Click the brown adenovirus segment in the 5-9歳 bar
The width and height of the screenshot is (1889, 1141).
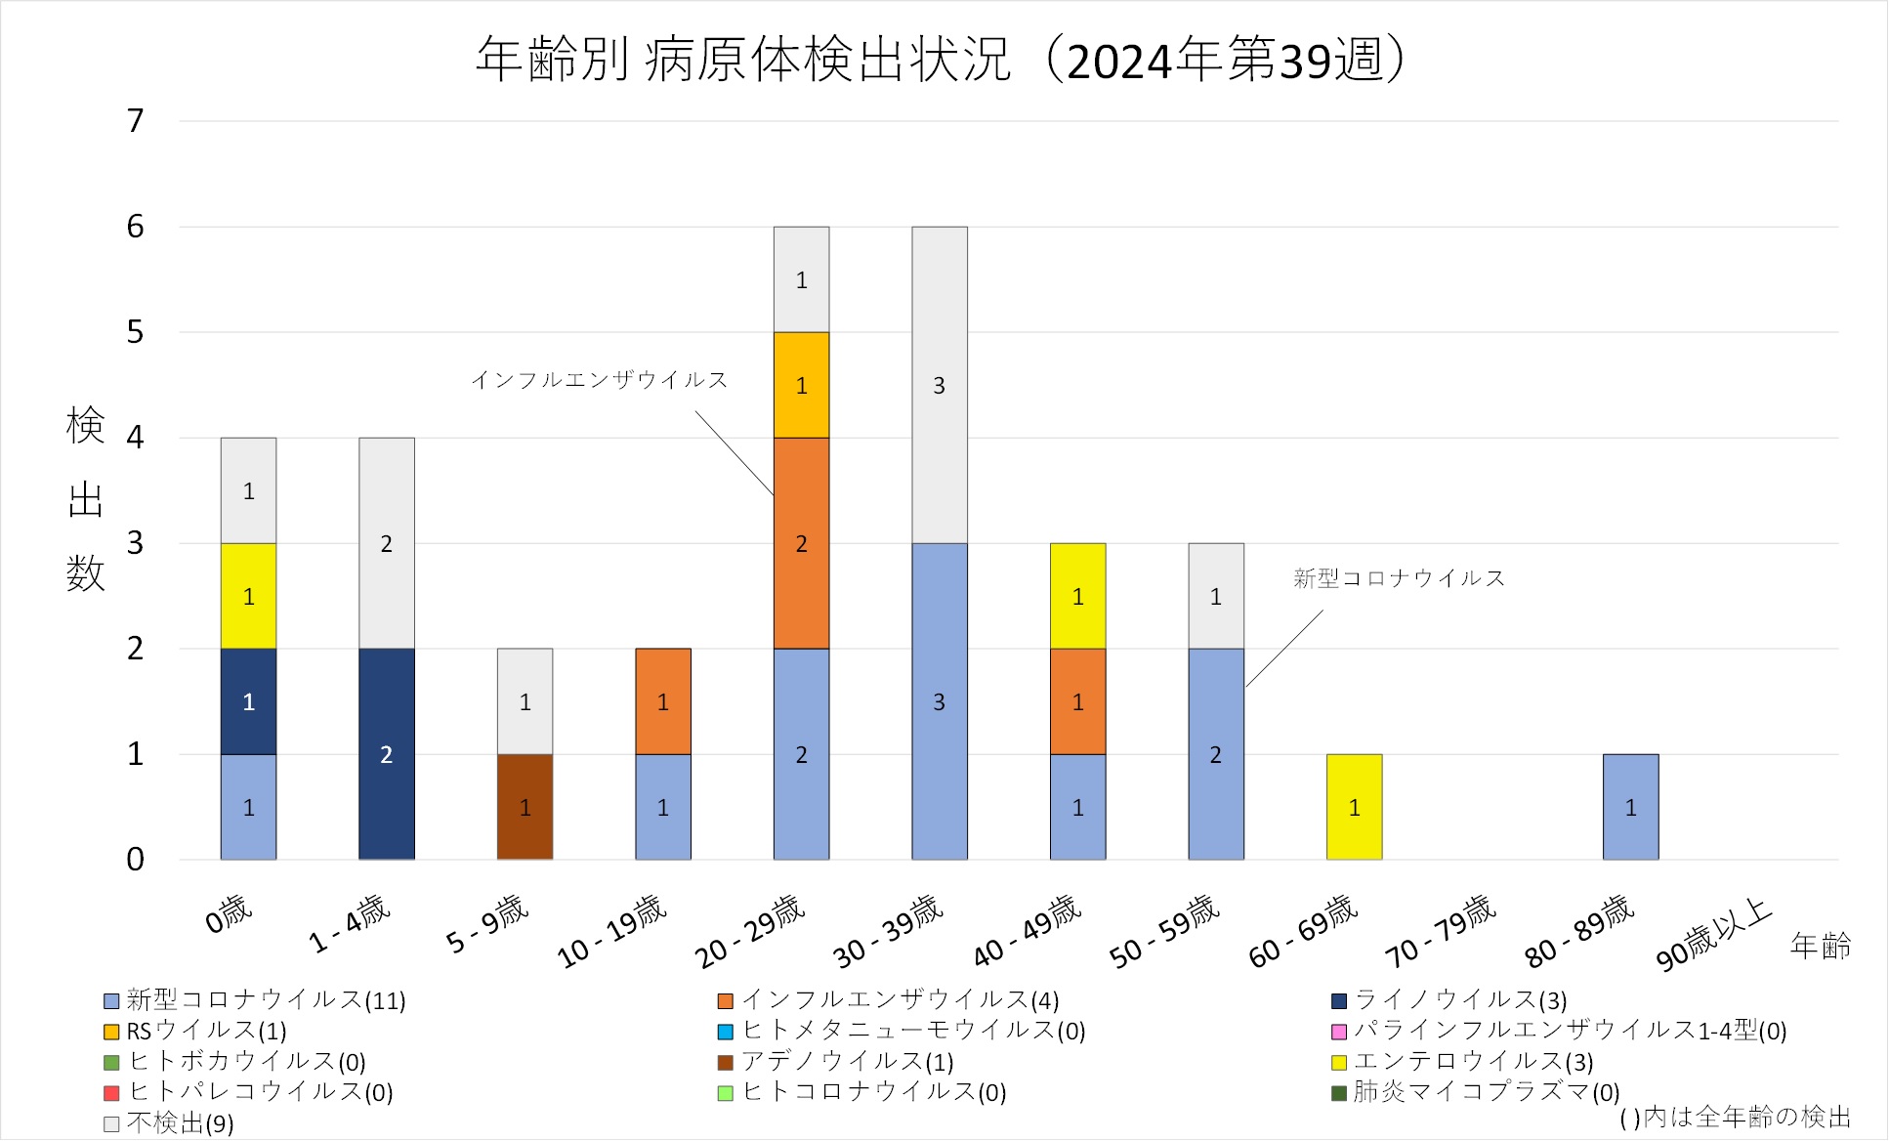(x=525, y=806)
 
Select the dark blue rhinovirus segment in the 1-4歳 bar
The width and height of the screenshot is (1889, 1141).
(x=386, y=753)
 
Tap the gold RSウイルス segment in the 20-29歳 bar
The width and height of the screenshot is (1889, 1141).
(x=801, y=385)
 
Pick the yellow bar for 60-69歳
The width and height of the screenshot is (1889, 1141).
(x=1354, y=806)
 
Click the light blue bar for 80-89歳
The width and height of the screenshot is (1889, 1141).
(x=1630, y=806)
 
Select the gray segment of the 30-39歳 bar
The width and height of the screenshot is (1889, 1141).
(x=939, y=385)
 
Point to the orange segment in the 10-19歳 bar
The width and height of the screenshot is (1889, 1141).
(x=662, y=700)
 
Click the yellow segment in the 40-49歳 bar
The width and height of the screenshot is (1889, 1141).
(x=1077, y=595)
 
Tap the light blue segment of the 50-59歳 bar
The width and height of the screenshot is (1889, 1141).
(x=1215, y=753)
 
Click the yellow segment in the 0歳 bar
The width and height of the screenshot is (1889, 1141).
(x=248, y=595)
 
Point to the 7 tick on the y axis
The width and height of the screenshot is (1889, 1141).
(x=136, y=121)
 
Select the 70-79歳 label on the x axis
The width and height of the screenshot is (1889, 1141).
(x=1441, y=930)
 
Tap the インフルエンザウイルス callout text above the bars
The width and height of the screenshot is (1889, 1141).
(x=600, y=380)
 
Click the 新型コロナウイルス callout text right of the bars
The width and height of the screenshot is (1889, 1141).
(x=1399, y=578)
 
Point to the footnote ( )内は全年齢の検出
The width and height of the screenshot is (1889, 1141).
(x=1735, y=1117)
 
